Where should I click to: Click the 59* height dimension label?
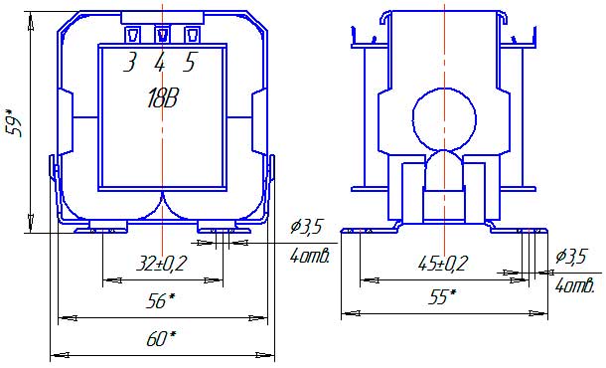click(17, 120)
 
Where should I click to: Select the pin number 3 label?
click(130, 63)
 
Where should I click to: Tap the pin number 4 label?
click(160, 63)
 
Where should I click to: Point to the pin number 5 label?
click(190, 63)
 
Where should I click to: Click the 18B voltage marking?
click(163, 98)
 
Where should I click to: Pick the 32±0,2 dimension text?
click(162, 264)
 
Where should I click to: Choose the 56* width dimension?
click(160, 300)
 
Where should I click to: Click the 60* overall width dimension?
click(161, 338)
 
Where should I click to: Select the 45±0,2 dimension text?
click(443, 264)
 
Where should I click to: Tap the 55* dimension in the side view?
click(442, 296)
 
